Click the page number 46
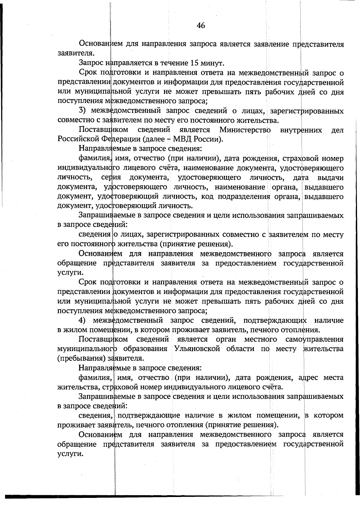coord(201,26)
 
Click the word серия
coord(111,178)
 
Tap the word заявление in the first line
coord(271,44)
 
